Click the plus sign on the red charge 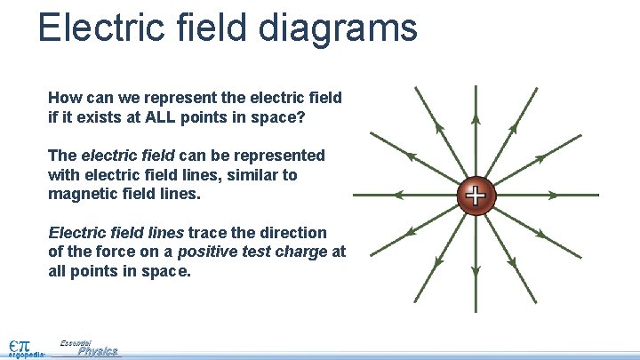[476, 195]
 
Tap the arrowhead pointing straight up [476, 118]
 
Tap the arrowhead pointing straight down [476, 272]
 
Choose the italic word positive [208, 252]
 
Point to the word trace [207, 232]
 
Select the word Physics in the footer [97, 351]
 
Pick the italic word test [255, 252]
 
